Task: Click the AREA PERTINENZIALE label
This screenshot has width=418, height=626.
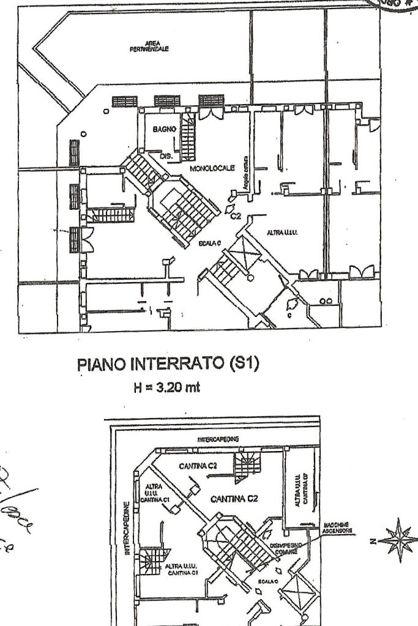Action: [x=149, y=46]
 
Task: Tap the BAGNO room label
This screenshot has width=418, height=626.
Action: [x=165, y=130]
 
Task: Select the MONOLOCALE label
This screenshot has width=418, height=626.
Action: [x=212, y=168]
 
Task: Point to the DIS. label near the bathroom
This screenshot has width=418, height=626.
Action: [x=166, y=157]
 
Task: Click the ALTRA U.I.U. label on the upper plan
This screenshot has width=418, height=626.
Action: [x=282, y=233]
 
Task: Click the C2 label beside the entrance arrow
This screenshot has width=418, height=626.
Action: [x=236, y=215]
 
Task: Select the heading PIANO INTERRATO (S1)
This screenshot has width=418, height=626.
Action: [x=168, y=364]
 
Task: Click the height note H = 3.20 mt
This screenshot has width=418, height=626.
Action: [x=168, y=387]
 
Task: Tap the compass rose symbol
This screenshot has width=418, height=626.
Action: [x=397, y=540]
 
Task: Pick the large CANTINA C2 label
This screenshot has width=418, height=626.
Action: [x=234, y=499]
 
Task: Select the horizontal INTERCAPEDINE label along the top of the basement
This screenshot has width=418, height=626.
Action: [x=218, y=439]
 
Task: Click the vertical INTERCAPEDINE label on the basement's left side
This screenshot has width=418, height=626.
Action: [x=127, y=528]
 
